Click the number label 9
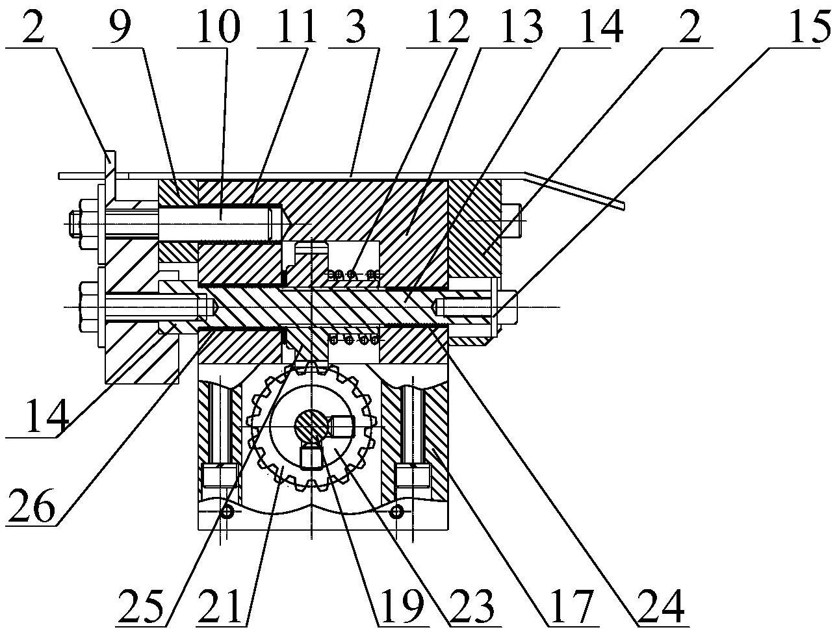(117, 26)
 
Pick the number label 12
(437, 26)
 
